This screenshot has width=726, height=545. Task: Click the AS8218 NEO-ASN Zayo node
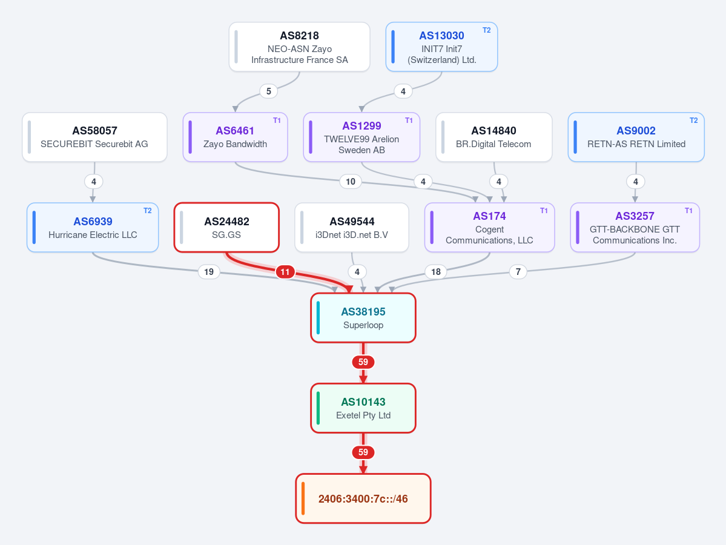coord(300,47)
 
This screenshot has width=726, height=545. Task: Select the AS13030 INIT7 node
coord(441,47)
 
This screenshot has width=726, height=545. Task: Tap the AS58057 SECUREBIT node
coord(94,137)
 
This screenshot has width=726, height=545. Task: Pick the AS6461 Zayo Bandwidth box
coord(235,137)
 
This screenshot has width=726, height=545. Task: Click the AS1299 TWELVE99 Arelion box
coord(361,137)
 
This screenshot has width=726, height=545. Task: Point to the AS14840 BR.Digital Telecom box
coord(494,137)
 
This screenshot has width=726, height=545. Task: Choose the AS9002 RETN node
coord(636,137)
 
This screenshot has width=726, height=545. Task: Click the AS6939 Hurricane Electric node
coord(93,227)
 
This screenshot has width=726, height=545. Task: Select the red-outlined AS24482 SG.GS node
coord(226,227)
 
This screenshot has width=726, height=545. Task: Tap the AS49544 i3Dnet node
coord(352,227)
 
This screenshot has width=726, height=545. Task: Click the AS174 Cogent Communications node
coord(489,227)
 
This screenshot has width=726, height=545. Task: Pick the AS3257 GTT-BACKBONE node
coord(635,227)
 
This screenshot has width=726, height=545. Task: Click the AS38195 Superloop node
coord(363,318)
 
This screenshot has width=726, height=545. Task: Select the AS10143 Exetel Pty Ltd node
coord(363,408)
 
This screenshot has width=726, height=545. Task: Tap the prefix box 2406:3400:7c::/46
coord(363,498)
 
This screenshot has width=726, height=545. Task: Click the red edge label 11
coord(285,272)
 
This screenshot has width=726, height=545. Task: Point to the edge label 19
coord(209,272)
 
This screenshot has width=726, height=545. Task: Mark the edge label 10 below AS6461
coord(351,182)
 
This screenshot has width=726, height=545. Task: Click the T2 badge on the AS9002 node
coord(693,121)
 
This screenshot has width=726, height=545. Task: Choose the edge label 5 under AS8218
coord(269,91)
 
